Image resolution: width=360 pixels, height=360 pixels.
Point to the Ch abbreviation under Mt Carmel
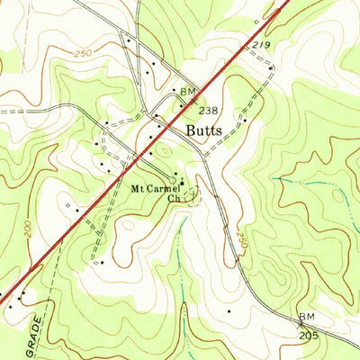[175, 200]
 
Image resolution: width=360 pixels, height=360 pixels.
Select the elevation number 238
[207, 110]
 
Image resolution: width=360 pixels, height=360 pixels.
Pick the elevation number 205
[309, 333]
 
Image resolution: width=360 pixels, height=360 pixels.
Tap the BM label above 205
[308, 319]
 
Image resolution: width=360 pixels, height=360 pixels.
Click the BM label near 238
[187, 92]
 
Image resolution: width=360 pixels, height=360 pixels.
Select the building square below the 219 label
[271, 67]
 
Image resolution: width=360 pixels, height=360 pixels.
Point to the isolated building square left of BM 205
[229, 311]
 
